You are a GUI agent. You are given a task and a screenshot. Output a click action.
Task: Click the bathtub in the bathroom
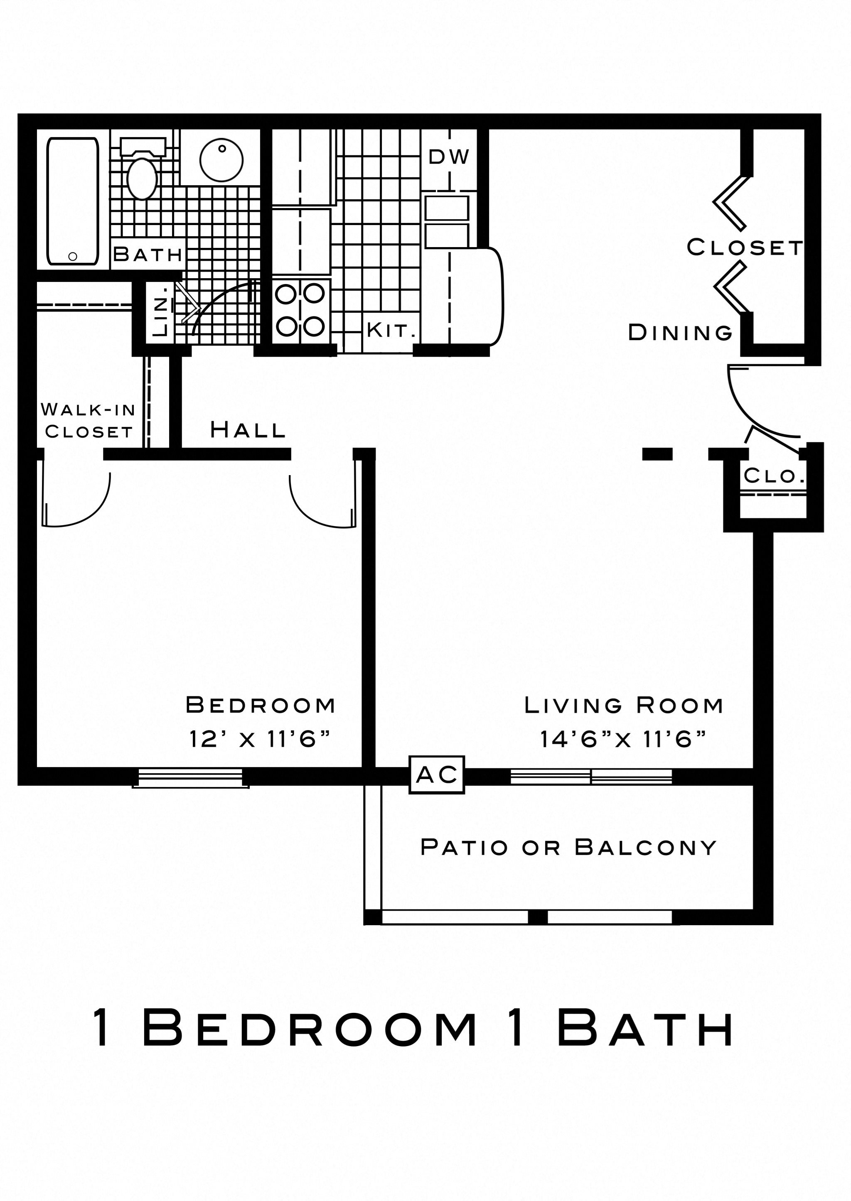[72, 201]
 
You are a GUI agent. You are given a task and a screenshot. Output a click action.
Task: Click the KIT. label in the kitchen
[391, 331]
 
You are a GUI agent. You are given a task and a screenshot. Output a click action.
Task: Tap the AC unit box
[436, 775]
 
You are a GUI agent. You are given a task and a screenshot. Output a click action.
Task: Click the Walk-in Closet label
[89, 420]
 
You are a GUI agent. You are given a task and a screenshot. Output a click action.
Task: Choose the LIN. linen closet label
[160, 311]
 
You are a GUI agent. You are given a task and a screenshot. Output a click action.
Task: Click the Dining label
[680, 333]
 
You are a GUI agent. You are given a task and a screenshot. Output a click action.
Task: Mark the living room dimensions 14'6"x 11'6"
[623, 739]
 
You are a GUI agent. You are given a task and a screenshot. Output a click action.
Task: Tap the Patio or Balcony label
[568, 847]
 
